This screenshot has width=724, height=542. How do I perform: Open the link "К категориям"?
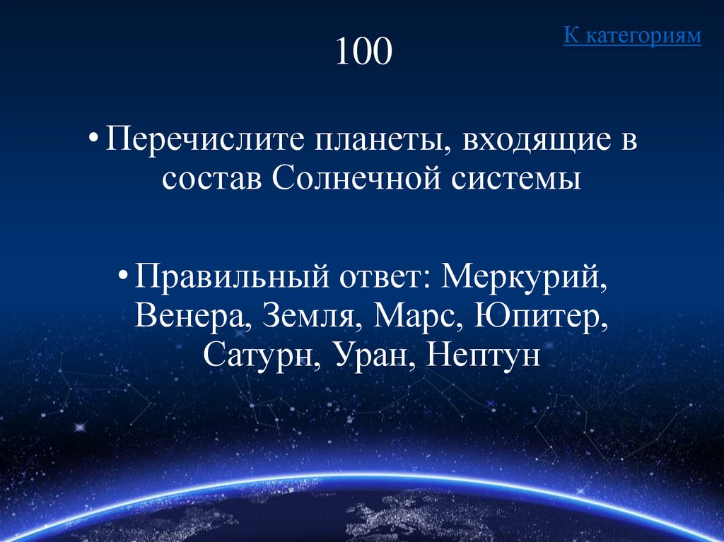point(632,36)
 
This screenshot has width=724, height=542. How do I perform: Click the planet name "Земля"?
point(308,315)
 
